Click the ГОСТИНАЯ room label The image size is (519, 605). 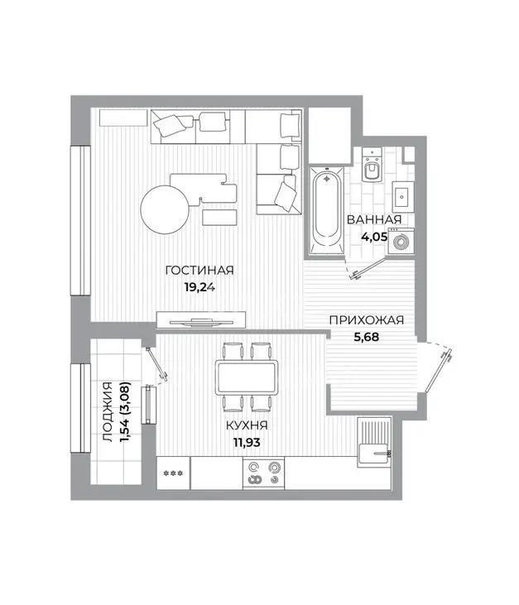pyautogui.click(x=199, y=271)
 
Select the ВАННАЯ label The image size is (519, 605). pyautogui.click(x=374, y=219)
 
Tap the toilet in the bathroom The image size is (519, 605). pyautogui.click(x=372, y=166)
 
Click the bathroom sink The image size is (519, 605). pyautogui.click(x=402, y=196)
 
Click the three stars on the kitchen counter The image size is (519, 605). pyautogui.click(x=173, y=473)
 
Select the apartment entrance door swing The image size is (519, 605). pyautogui.click(x=443, y=363)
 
